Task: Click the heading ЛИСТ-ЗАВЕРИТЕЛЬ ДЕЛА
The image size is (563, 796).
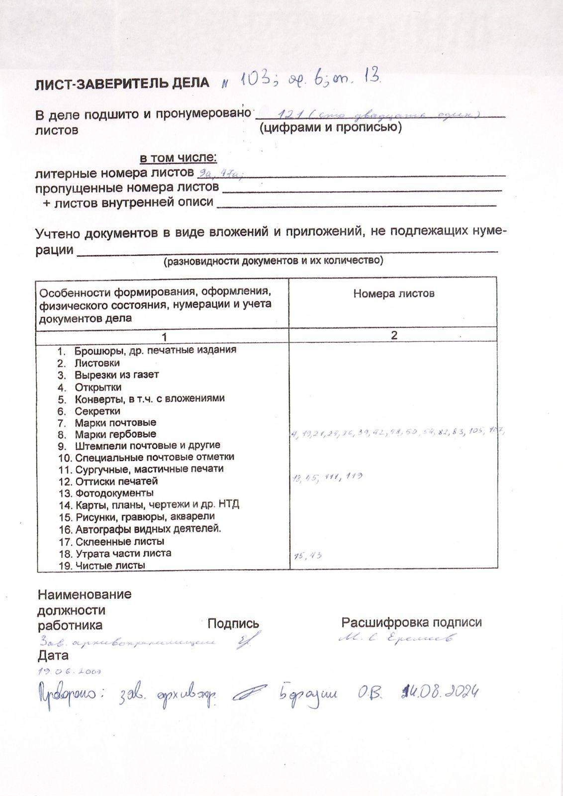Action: point(122,83)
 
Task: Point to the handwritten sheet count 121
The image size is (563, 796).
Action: point(290,115)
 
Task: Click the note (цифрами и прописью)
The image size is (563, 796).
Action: point(330,128)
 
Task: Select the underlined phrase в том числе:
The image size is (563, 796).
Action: point(178,158)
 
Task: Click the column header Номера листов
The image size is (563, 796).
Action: point(393,294)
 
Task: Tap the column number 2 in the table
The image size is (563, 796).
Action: point(393,335)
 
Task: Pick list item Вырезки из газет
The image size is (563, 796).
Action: point(116,375)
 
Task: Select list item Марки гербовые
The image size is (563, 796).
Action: point(115,434)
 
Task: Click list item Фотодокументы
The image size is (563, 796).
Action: point(114,493)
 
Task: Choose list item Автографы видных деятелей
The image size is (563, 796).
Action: point(148,529)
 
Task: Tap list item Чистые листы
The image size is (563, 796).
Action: point(110,565)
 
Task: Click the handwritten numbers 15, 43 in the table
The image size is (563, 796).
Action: point(308,556)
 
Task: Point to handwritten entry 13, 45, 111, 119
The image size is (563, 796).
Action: point(328,478)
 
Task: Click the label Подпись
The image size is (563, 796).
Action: point(233,623)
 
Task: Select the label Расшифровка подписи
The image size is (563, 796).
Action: point(411,622)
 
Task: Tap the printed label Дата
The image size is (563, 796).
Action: point(53,656)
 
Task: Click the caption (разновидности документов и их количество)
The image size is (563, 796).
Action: point(274,261)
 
